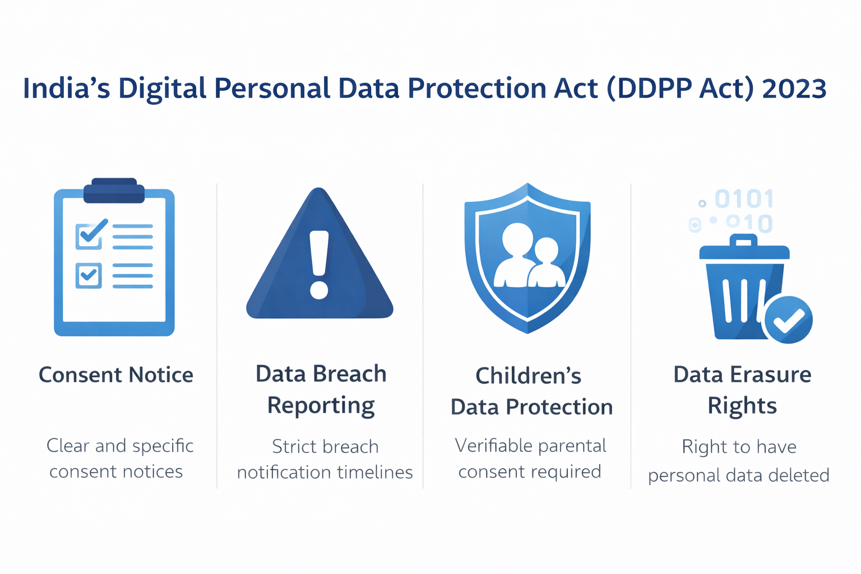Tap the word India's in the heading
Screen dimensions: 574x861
coord(66,89)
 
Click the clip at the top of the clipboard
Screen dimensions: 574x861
coord(114,191)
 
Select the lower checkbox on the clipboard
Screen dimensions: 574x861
coord(89,275)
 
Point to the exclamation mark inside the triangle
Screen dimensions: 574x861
coord(320,264)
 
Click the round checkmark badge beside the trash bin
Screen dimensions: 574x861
coord(788,320)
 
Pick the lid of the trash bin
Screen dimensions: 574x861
coord(744,249)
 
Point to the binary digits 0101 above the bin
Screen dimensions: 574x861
coord(744,199)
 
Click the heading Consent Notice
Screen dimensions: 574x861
coord(116,374)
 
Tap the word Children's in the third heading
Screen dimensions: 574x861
coord(528,376)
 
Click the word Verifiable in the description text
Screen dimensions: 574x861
coord(492,446)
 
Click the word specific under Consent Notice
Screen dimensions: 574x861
coord(163,446)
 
